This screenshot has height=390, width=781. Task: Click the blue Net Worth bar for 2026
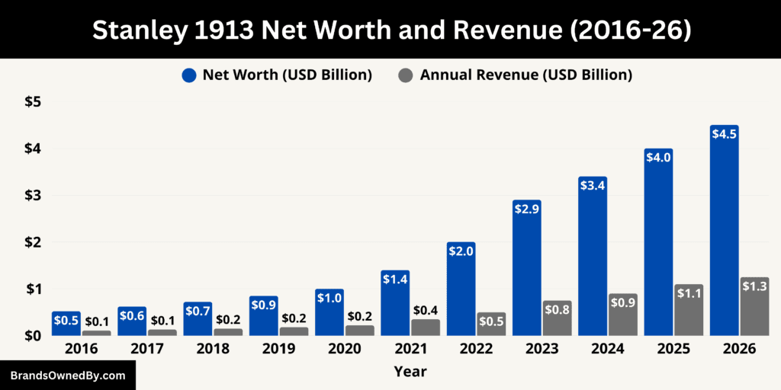(x=724, y=236)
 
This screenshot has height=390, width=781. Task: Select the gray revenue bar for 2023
(x=557, y=320)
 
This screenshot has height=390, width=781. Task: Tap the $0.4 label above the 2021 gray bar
(x=425, y=310)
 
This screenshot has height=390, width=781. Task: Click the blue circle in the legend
(x=190, y=75)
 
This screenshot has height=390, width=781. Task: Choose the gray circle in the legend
(x=407, y=75)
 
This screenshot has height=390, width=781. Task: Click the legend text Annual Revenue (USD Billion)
(x=525, y=75)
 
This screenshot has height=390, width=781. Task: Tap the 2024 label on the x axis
(x=607, y=349)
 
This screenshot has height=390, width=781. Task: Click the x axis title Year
(x=410, y=372)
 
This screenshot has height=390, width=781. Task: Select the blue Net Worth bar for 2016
(x=66, y=324)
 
